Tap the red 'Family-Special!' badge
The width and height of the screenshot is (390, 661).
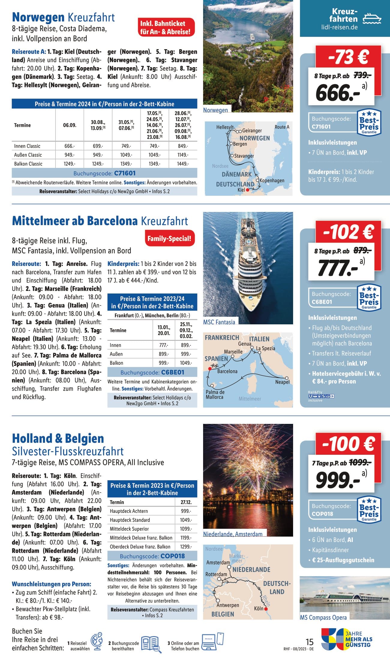169,239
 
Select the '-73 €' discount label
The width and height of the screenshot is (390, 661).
348,57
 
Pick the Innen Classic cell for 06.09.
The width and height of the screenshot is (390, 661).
70,146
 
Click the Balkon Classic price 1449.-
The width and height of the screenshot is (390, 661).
183,164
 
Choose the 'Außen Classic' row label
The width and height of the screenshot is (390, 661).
28,155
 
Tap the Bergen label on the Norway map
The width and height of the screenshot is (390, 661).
240,144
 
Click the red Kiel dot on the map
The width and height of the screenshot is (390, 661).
247,190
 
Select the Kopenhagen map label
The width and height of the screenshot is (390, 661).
272,180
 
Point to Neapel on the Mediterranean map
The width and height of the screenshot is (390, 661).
282,382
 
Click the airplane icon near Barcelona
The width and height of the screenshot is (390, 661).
214,365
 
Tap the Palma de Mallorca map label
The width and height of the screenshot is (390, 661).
215,395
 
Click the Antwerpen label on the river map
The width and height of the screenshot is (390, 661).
228,605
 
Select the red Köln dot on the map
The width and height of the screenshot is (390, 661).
266,609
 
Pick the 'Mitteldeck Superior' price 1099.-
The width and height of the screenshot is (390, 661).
186,529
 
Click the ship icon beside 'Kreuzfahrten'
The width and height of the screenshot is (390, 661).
372,19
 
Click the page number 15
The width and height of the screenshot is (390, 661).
309,642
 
